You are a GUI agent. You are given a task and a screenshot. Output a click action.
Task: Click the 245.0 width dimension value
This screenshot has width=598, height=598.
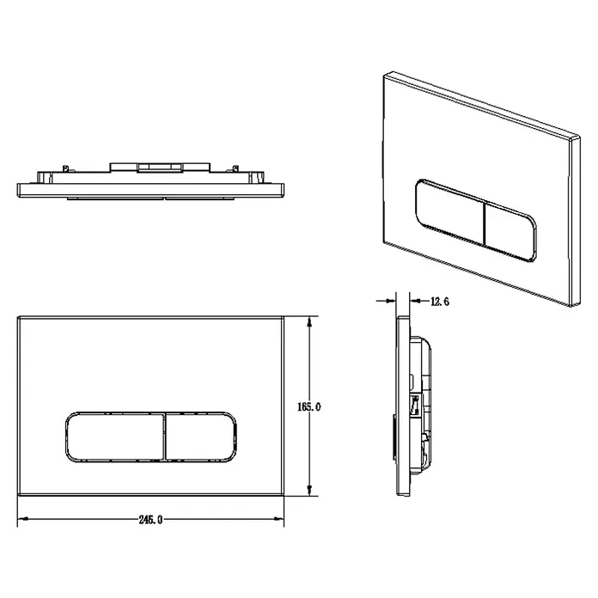[150, 520]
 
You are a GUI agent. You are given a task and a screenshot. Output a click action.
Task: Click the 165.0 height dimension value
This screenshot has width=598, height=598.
[309, 407]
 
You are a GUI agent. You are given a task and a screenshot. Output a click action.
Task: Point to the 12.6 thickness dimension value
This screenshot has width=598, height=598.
[440, 302]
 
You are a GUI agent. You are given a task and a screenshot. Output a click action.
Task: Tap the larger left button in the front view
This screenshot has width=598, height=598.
[115, 436]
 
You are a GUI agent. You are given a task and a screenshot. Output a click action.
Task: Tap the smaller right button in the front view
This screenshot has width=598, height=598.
[201, 436]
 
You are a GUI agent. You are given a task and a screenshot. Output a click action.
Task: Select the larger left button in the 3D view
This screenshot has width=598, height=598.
[450, 211]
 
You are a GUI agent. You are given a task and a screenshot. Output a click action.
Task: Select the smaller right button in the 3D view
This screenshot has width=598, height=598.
[510, 232]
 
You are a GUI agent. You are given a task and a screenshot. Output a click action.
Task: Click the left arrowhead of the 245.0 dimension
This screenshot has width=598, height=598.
[23, 519]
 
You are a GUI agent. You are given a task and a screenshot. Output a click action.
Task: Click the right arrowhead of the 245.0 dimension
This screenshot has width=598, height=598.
[279, 519]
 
